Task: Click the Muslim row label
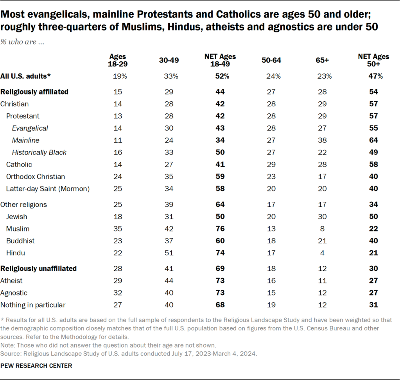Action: coord(18,229)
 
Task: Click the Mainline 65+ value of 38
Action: coord(323,140)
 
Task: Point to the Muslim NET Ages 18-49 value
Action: coord(220,229)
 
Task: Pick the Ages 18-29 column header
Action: coord(118,60)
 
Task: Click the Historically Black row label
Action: coord(39,152)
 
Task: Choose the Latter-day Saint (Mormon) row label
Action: coord(48,189)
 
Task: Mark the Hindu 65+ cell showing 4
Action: coord(323,253)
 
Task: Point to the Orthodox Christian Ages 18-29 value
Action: coord(118,177)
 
